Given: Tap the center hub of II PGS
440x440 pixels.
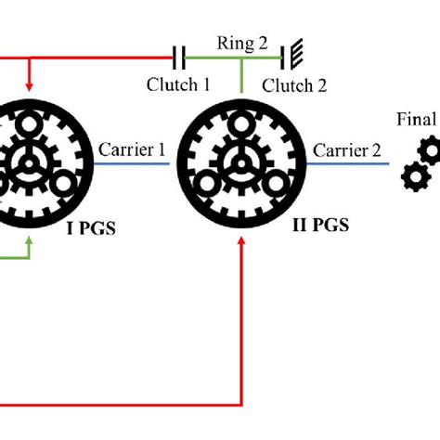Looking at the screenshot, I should (241, 163).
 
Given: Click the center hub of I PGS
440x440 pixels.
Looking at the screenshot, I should (32, 163).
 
